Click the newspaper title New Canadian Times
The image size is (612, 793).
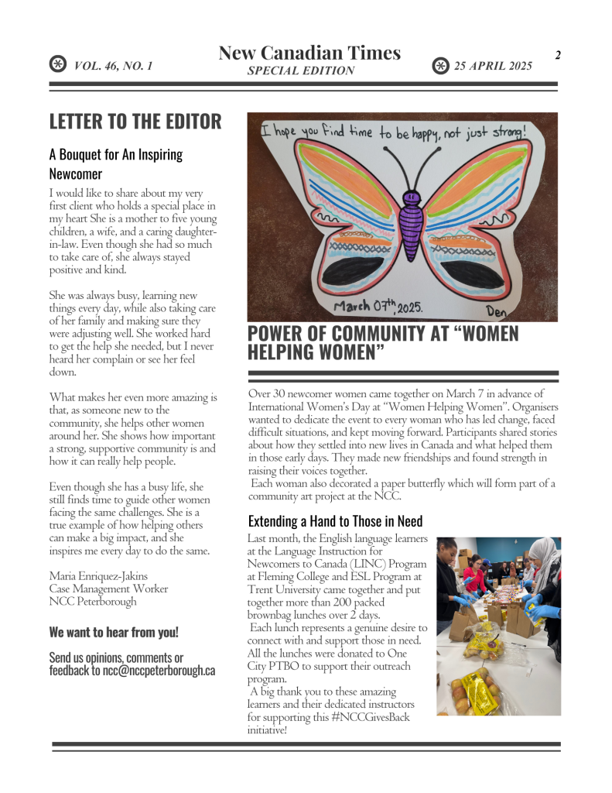click(309, 53)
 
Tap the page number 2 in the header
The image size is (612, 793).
click(557, 55)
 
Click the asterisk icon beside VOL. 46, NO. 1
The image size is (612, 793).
click(57, 65)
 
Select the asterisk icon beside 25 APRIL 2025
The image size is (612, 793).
click(439, 66)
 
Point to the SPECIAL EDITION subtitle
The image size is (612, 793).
click(301, 70)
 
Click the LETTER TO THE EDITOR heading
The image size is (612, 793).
click(135, 122)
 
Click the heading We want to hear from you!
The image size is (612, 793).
click(114, 632)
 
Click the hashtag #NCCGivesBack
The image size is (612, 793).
click(370, 716)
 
